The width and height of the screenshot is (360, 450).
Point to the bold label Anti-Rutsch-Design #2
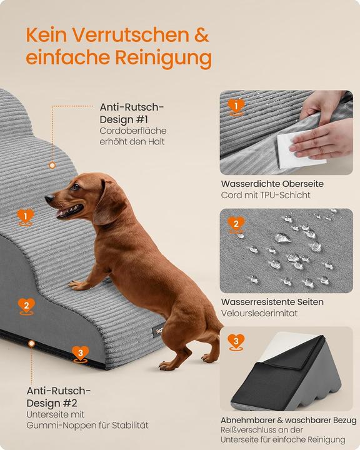59,397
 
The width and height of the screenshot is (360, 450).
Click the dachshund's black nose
48,199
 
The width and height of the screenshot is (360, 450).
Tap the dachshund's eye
75,187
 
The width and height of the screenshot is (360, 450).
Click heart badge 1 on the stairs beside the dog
25,216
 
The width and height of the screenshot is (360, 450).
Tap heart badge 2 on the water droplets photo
236,224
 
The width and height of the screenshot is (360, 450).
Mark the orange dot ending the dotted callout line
52,166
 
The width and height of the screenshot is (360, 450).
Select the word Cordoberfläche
133,131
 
